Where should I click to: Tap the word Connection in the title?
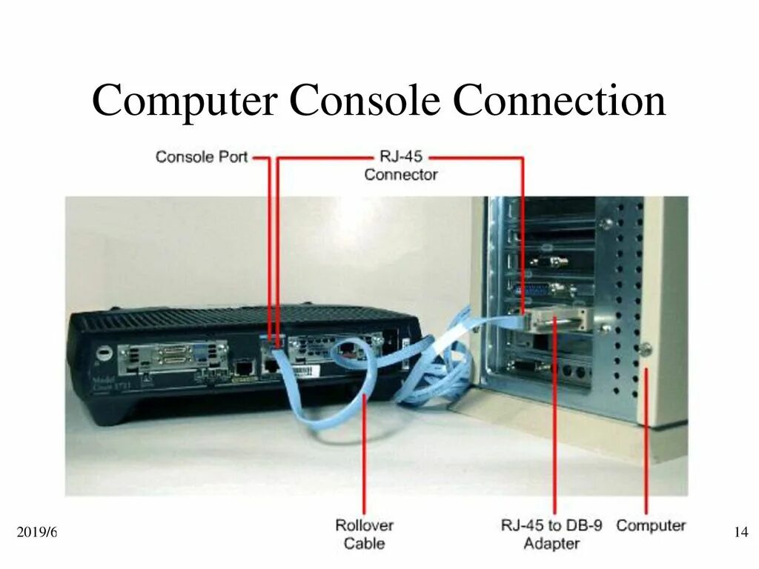coord(560,101)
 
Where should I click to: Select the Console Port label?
coord(201,157)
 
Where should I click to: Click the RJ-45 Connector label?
coord(400,167)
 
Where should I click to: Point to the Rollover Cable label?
coord(364,534)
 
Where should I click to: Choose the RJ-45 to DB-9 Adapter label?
coord(551,534)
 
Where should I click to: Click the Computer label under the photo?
coord(651,525)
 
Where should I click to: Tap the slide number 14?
coord(740,532)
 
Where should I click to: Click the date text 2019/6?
coord(36,532)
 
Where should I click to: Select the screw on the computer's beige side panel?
coord(646,348)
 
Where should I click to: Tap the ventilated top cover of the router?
coord(245,315)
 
